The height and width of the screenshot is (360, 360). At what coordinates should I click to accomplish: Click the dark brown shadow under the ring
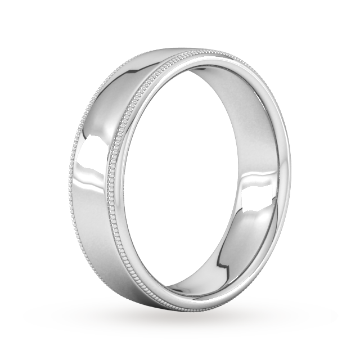tap(180, 323)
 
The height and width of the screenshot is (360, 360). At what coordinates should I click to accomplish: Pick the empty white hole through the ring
tap(202, 169)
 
